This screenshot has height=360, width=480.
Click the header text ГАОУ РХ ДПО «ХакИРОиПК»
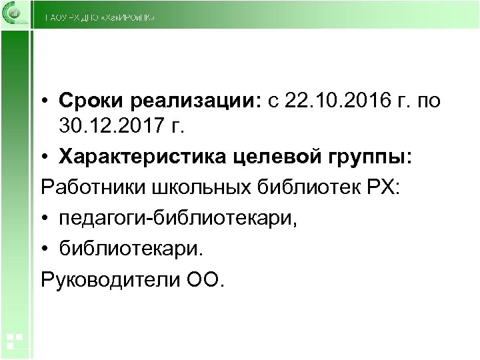pyautogui.click(x=100, y=19)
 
